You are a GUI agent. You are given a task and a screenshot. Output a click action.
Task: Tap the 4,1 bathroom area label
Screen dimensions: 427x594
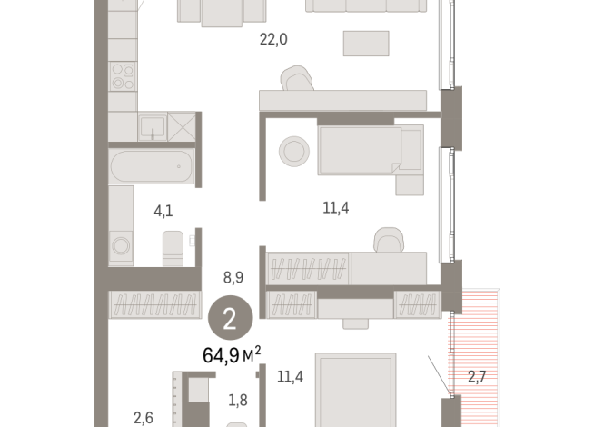click(163, 212)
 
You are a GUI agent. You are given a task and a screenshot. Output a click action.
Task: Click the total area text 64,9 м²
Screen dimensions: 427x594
click(232, 354)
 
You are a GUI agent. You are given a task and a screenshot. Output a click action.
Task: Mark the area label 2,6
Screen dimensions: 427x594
click(144, 417)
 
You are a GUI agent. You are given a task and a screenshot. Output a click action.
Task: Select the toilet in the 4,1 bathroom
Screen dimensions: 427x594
click(173, 247)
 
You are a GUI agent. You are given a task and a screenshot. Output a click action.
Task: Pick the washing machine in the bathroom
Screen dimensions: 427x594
click(120, 246)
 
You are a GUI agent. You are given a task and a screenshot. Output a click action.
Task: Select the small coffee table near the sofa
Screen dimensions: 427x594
click(365, 43)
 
